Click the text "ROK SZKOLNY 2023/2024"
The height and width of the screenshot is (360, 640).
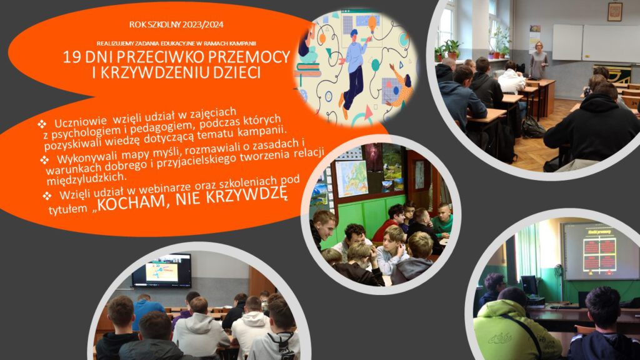point(176,24)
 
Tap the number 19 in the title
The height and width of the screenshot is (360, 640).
point(71,57)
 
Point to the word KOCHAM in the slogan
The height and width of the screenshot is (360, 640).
point(130,203)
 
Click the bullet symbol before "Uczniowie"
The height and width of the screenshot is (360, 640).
point(42,123)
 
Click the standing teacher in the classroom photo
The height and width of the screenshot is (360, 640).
point(538,60)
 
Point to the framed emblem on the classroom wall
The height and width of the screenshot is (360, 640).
point(615,11)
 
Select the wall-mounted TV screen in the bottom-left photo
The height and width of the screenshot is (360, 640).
point(162,271)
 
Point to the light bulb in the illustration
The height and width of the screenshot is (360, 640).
point(372,23)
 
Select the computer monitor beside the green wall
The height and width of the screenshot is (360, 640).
point(529,285)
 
